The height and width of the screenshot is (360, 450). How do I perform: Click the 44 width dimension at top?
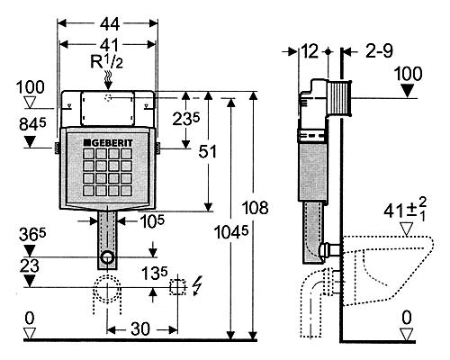(110, 24)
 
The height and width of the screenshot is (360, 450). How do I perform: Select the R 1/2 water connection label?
(106, 62)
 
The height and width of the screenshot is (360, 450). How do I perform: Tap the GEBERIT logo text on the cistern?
(108, 143)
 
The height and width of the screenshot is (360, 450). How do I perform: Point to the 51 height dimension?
(207, 151)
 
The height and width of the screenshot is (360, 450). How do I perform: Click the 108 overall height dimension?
(255, 208)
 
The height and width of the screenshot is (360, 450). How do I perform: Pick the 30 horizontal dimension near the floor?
(140, 329)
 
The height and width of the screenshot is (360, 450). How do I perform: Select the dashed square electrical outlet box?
(177, 287)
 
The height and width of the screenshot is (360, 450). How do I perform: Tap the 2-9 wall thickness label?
(379, 51)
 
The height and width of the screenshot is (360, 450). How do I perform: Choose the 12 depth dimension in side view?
(310, 51)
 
